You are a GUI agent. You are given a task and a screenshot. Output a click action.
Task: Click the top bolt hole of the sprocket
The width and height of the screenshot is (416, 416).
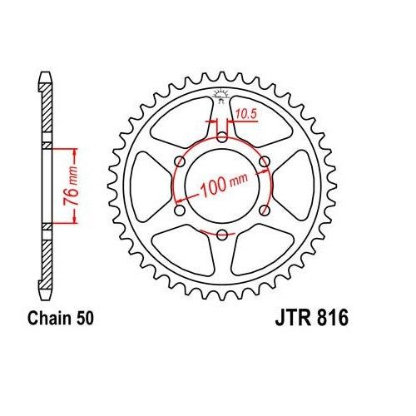tap(221, 136)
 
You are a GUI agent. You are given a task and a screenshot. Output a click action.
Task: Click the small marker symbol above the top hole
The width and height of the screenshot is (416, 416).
tap(221, 95)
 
